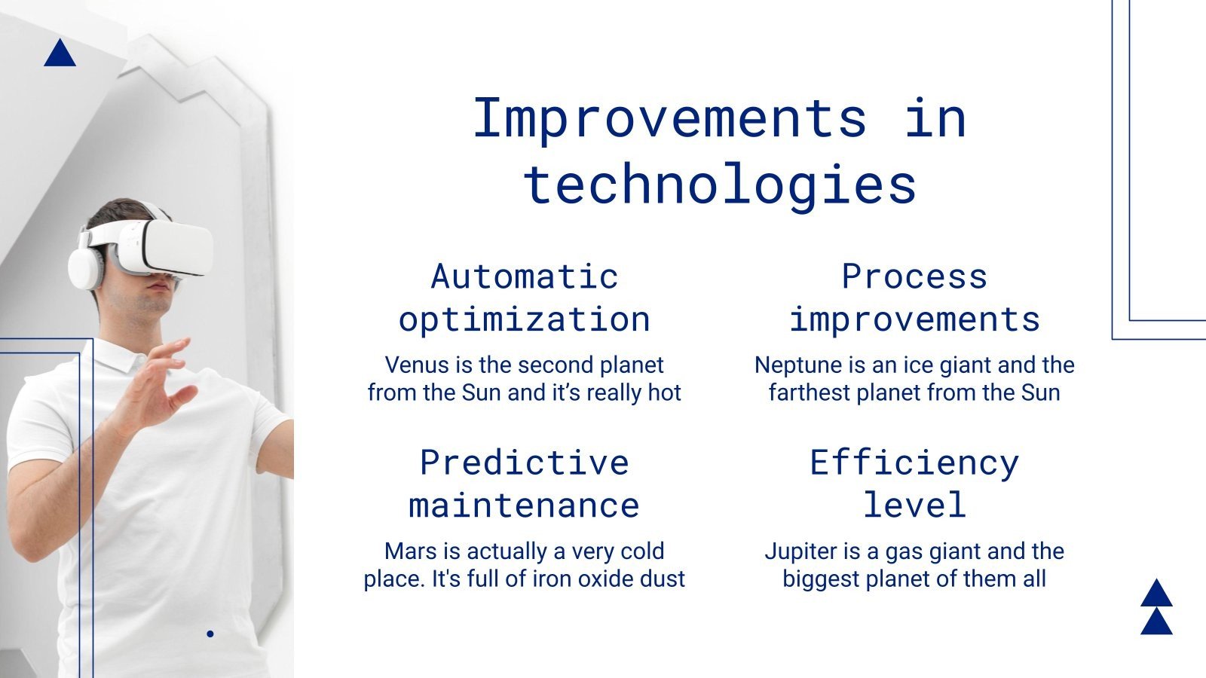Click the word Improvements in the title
(x=669, y=119)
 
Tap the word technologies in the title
(x=720, y=185)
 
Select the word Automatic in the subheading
(x=525, y=276)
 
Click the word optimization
(x=525, y=319)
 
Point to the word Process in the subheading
(x=914, y=276)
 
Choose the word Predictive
(x=525, y=463)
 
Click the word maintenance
(x=525, y=505)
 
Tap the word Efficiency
(x=914, y=463)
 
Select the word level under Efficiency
(x=914, y=505)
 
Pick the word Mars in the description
(x=411, y=551)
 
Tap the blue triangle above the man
(x=60, y=55)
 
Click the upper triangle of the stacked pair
(x=1156, y=595)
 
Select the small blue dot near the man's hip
(x=210, y=634)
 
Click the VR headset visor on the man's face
(x=170, y=248)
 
